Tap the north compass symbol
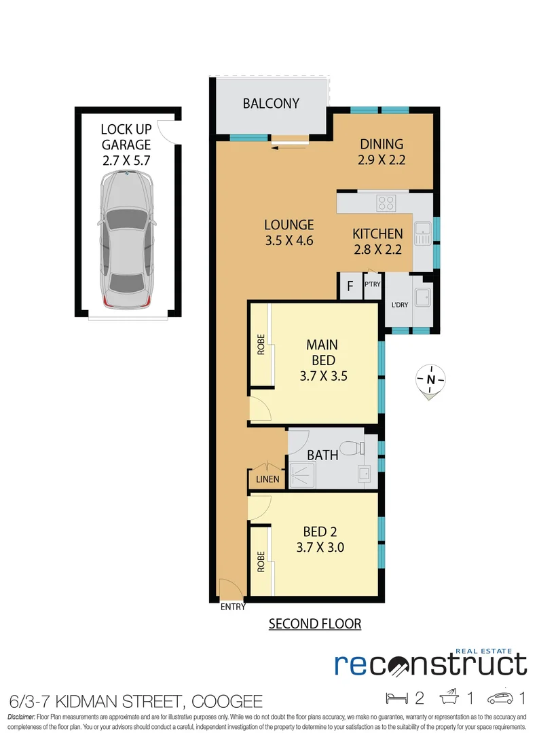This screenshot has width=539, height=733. click(x=429, y=379)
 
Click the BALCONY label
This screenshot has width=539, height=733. click(x=271, y=104)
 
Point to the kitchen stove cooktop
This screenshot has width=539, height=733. click(x=386, y=202)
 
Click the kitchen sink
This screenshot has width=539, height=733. click(x=424, y=233)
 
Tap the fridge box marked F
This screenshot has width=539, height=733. click(x=350, y=286)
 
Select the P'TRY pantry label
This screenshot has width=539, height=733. click(x=373, y=285)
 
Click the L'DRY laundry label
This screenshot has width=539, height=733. click(x=400, y=305)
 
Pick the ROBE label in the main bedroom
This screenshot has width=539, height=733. click(x=261, y=345)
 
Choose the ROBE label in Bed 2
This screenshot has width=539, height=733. click(x=261, y=563)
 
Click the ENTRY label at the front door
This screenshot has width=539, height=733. click(x=233, y=607)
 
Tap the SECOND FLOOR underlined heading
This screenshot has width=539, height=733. click(x=315, y=624)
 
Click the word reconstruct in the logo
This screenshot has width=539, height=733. click(x=430, y=664)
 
